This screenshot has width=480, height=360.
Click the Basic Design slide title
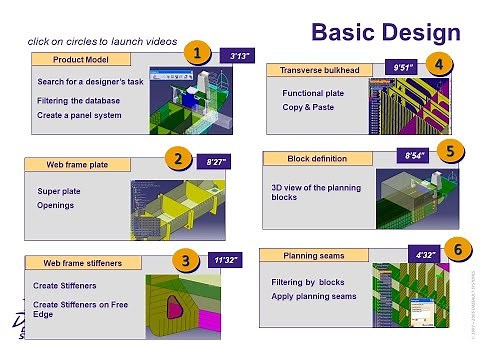(385, 31)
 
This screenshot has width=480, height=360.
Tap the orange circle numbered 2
(178, 157)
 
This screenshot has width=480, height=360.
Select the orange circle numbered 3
(185, 259)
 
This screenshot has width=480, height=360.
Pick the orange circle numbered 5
(451, 152)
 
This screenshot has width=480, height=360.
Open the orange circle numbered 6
(456, 250)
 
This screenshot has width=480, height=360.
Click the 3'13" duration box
(240, 57)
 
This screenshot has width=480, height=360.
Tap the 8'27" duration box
(217, 160)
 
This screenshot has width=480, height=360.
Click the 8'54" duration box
(416, 156)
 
